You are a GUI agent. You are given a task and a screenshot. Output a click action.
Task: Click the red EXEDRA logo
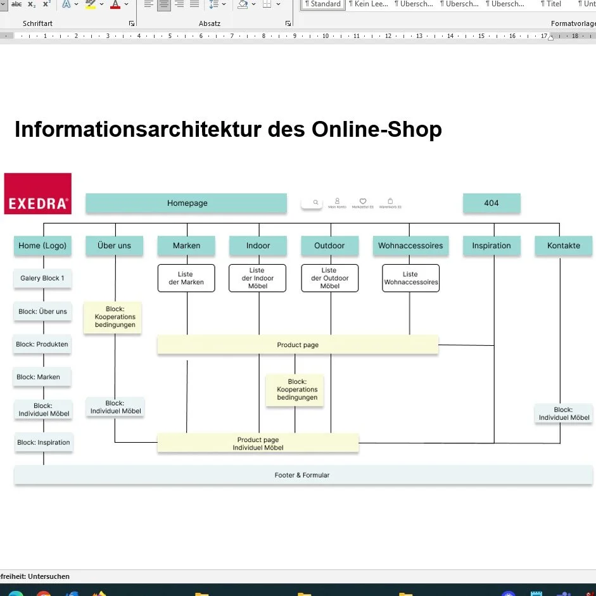[37, 193]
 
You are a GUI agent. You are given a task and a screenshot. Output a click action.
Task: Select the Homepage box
[187, 203]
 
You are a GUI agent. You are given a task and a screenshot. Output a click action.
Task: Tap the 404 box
[491, 203]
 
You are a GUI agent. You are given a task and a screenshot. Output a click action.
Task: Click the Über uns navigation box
[115, 246]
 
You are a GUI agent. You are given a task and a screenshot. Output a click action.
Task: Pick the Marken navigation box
[186, 246]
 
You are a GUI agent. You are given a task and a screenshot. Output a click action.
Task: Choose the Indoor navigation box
[258, 246]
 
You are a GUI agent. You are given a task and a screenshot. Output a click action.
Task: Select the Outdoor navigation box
[330, 246]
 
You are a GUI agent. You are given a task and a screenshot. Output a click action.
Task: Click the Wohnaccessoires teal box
[410, 246]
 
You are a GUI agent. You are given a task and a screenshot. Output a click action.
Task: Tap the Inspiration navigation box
[491, 246]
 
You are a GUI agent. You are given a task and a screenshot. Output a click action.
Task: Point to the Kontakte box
[563, 246]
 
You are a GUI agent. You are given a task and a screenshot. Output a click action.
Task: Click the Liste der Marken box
[186, 278]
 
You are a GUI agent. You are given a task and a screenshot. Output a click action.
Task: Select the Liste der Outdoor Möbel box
[330, 278]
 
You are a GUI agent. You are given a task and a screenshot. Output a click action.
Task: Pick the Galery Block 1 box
[42, 279]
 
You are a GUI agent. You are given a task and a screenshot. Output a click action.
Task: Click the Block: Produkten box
[42, 345]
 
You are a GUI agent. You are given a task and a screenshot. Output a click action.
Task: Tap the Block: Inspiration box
[44, 443]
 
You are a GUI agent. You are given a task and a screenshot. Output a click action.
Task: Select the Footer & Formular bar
[303, 475]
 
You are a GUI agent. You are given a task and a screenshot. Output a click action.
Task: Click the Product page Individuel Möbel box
[258, 443]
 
